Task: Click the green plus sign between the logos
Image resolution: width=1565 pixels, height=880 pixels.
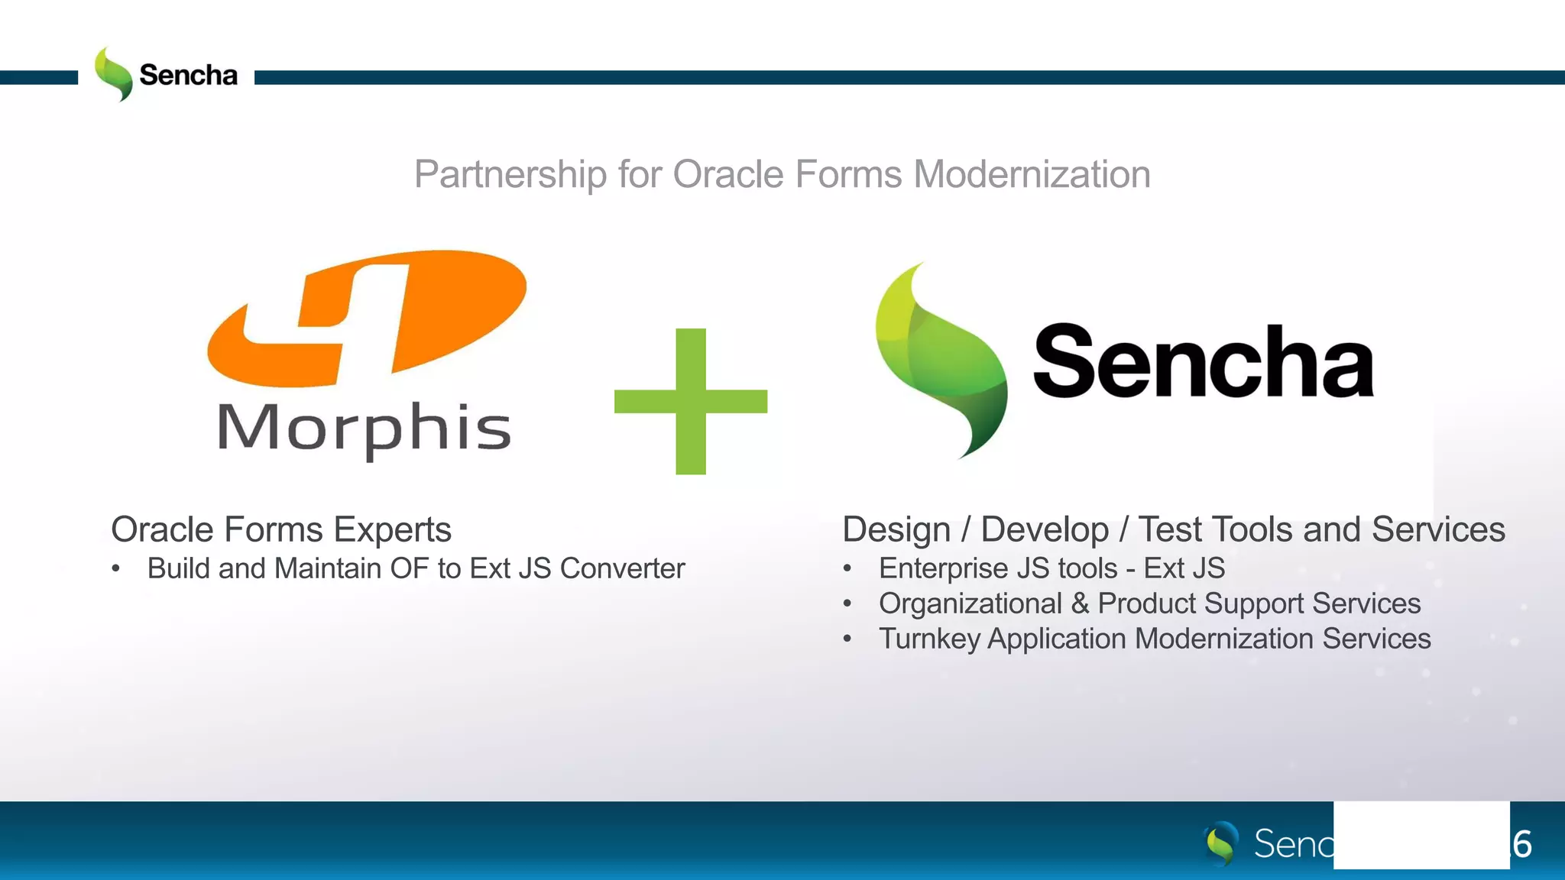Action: [x=691, y=401]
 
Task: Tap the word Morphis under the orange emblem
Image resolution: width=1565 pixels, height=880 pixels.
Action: [x=365, y=429]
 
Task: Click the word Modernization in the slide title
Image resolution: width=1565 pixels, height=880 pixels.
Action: [x=1032, y=174]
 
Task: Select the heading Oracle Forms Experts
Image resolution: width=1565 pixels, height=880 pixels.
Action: [x=281, y=529]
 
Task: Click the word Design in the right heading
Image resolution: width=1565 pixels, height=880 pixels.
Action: [x=896, y=529]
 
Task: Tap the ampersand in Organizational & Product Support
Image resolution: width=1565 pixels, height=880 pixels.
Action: [x=1080, y=603]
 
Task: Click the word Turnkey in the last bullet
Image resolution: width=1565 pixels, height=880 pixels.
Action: [x=929, y=639]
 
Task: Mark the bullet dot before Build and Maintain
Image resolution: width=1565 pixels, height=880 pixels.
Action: [x=116, y=568]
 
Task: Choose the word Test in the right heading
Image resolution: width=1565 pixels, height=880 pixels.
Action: [x=1171, y=529]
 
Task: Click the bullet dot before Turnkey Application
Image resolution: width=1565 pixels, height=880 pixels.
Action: [x=847, y=639]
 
